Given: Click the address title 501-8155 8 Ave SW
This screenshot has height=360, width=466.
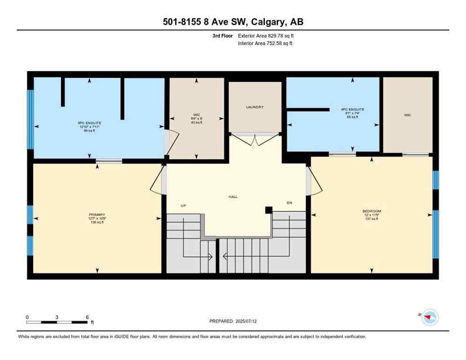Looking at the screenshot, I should pos(233,22).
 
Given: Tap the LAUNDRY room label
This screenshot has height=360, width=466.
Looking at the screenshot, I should pos(255,107).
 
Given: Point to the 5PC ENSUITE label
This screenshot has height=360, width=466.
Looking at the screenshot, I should pos(89,123).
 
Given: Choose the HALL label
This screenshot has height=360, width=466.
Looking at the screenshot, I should pos(233,197).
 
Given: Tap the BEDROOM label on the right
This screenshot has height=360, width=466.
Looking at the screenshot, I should pos(372,211).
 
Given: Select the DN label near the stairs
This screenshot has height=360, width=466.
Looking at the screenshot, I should pos(289,203).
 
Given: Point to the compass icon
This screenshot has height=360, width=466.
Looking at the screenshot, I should pos(428,317).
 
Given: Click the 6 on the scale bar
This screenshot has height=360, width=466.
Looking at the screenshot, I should pos(87,317).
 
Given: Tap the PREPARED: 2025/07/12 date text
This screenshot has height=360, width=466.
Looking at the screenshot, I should pos(233,321).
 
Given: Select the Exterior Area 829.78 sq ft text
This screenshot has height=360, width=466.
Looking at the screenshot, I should pos(266,36).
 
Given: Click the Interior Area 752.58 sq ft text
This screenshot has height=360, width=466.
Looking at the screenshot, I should pos(266,44).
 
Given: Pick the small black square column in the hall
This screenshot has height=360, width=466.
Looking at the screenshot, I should pos(269,210).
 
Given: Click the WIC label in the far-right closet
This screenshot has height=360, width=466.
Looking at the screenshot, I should pos(407,115).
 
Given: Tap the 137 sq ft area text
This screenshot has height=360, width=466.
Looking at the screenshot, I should pos(371,219).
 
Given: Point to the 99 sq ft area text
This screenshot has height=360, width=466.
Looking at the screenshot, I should pos(89,131).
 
